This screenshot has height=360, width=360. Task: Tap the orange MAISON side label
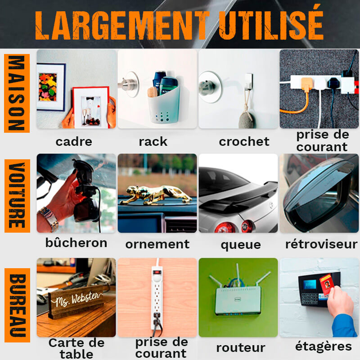(x=17, y=93)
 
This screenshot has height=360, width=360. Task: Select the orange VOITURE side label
(x=17, y=196)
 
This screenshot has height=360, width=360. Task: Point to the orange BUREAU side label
(x=18, y=305)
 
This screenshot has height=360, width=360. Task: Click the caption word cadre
(x=74, y=142)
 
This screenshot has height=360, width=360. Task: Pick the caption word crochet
(x=244, y=142)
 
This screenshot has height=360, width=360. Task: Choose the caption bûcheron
(x=76, y=243)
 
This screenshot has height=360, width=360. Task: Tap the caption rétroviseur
(x=321, y=244)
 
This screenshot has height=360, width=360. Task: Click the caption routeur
(x=241, y=348)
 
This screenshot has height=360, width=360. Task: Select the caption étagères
(x=324, y=346)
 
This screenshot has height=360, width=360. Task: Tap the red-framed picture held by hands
(x=91, y=107)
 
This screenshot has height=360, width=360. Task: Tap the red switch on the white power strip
(x=157, y=273)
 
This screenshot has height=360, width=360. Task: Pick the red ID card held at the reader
(x=326, y=284)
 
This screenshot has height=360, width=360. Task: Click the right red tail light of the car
(x=247, y=226)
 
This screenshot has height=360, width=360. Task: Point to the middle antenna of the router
(x=238, y=275)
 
